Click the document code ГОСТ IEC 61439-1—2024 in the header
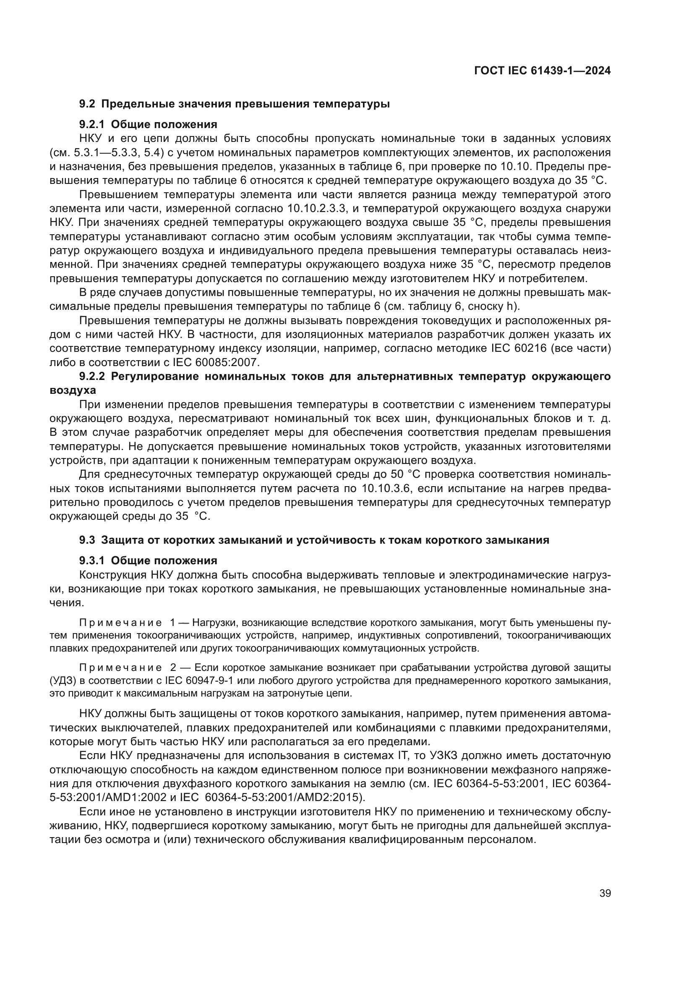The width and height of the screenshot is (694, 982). (542, 71)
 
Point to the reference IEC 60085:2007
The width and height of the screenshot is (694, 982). (216, 363)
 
